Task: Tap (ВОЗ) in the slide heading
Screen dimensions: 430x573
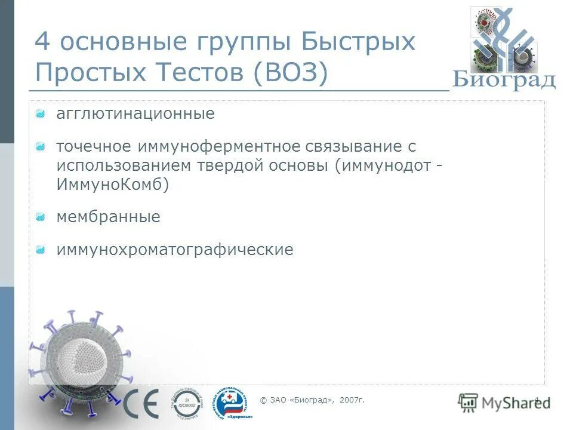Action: coord(291,73)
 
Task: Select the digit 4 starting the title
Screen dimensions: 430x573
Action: coord(42,42)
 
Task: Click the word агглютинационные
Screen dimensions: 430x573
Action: coord(135,113)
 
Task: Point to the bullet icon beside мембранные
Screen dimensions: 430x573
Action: coord(40,217)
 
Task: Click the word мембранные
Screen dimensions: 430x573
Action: coord(108,217)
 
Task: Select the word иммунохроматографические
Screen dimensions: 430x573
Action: coord(175,249)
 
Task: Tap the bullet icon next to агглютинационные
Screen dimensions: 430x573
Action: coord(40,113)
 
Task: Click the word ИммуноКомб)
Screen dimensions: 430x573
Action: coord(113,185)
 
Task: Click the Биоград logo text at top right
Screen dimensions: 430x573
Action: coord(504,79)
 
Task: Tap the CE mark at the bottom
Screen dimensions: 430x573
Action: coord(141,403)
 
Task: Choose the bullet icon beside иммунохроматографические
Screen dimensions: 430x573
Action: coord(40,249)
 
